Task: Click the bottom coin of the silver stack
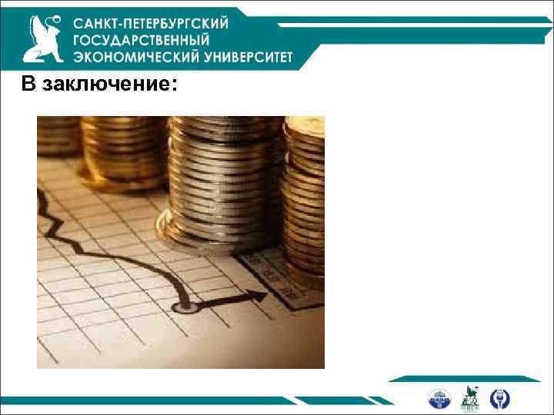point(203,244)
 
